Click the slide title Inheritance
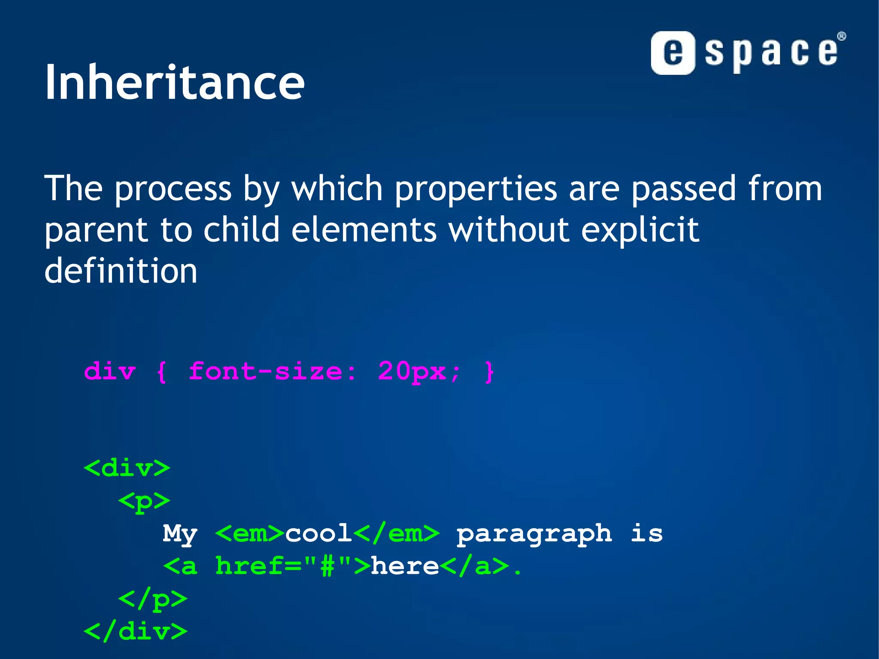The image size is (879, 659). [x=174, y=82]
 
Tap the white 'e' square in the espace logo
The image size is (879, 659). [x=672, y=53]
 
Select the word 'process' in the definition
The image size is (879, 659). [x=173, y=189]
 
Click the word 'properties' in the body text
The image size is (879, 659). [x=476, y=189]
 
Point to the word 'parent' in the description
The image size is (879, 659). [x=96, y=231]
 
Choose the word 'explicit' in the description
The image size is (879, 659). [x=640, y=231]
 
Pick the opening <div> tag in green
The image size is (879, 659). [x=127, y=468]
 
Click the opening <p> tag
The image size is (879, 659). [x=144, y=501]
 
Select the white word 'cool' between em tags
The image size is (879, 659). [x=318, y=534]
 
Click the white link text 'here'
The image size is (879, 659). [x=405, y=566]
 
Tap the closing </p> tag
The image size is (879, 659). [x=153, y=599]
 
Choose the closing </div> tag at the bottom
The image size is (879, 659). [x=136, y=632]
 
